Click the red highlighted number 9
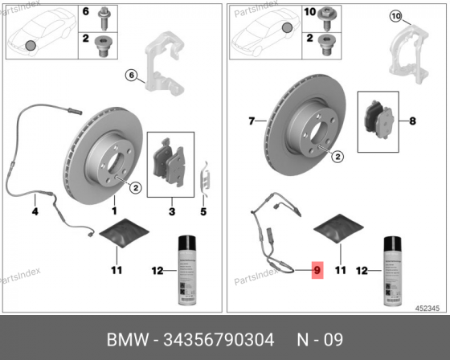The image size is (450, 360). (x=317, y=271)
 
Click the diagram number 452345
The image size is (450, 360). (x=427, y=308)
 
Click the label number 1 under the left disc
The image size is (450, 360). (x=113, y=211)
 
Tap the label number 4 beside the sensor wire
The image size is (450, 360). (x=35, y=212)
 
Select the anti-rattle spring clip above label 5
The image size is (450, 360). (x=205, y=177)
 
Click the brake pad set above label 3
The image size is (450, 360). (x=171, y=164)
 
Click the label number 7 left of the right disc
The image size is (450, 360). (x=252, y=121)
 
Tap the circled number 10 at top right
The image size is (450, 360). (x=395, y=17)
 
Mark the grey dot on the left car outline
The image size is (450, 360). (x=31, y=45)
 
